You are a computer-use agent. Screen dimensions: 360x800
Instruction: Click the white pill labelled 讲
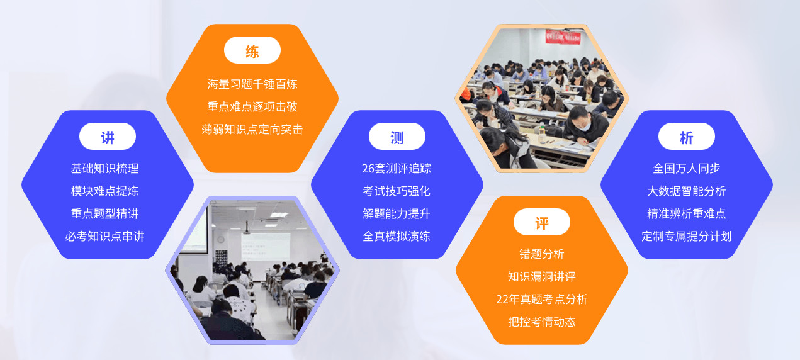coord(108,137)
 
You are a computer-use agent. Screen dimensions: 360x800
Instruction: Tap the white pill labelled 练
coord(252,50)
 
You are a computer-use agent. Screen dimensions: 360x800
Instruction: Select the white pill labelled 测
coord(397,137)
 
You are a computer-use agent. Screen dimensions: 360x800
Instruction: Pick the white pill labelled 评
coord(542,222)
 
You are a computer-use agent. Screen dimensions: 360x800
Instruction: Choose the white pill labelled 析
coord(687,137)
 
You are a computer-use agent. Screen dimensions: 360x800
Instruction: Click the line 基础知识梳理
coord(105,169)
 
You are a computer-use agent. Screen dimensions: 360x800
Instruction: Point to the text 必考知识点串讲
coord(105,237)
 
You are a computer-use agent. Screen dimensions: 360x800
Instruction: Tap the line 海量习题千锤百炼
coord(252,84)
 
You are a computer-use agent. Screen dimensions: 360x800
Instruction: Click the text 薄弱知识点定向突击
coord(252,130)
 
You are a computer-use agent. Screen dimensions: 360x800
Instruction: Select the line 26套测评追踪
coord(397,169)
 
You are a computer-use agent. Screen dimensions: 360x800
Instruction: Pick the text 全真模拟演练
coord(397,237)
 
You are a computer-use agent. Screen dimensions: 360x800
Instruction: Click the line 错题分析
coord(542,254)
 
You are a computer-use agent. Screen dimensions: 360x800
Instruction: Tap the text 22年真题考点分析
coord(542,300)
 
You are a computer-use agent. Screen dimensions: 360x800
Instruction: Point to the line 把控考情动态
coord(542,322)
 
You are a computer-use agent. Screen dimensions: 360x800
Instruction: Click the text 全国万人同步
coord(687,169)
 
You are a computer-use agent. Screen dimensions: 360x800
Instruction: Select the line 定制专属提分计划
coord(687,237)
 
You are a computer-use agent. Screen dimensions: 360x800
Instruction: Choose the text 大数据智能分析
coord(687,191)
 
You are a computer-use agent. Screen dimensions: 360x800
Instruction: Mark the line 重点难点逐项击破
coord(252,107)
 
